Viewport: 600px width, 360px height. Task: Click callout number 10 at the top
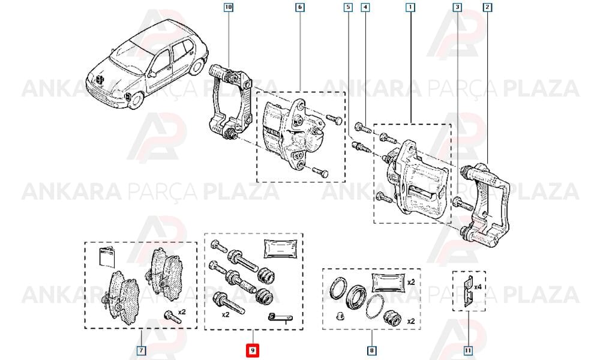pos(229,7)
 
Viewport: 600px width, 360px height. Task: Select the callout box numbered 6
pos(299,7)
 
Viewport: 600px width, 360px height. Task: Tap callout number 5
pos(348,7)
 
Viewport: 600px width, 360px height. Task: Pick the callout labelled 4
pos(365,7)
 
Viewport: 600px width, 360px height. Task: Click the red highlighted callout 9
pos(253,350)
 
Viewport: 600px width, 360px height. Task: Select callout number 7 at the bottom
pos(141,350)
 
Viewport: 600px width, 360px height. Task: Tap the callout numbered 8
pos(371,350)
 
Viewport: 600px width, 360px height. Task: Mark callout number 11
pos(467,350)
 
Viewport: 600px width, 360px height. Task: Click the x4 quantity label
pos(478,287)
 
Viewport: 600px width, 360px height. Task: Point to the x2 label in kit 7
pos(182,312)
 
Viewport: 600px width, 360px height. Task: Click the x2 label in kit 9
pos(226,314)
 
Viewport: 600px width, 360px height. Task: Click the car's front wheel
pos(134,100)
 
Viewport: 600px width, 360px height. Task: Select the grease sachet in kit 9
pos(281,248)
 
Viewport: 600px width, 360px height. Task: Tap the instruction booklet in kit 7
pos(107,257)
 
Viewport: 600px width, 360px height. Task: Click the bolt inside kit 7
pos(172,317)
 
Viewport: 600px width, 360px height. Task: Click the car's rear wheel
pos(197,66)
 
